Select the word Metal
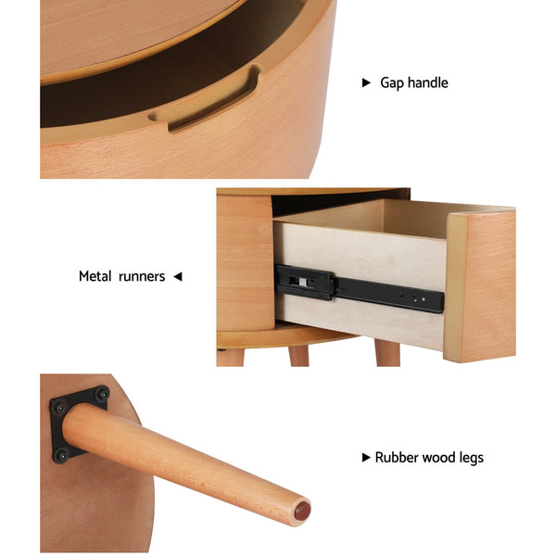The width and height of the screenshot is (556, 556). point(95,276)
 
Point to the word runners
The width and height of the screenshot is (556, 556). point(142,277)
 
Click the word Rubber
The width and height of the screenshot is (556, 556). point(396,458)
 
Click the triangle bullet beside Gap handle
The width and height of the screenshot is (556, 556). point(366,82)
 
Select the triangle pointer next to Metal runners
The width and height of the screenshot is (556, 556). point(178,276)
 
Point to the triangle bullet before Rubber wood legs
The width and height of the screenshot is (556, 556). point(366,458)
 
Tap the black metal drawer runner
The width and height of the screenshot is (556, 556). point(359,288)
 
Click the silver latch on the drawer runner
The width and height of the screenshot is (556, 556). point(302,283)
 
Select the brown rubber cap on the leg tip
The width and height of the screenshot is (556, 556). point(302,511)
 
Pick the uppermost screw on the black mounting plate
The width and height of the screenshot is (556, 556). point(102,394)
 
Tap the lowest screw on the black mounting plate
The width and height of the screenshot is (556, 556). point(60,455)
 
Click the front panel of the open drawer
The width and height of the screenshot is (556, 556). point(480,286)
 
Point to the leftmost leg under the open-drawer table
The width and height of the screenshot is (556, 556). point(230,357)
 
